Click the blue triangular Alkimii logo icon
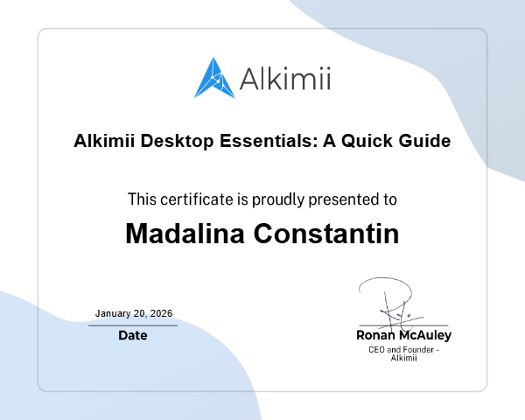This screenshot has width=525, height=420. tap(214, 78)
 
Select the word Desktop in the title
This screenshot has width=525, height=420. tap(170, 140)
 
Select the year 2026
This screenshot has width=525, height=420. tap(160, 313)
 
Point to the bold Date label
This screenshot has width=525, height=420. tap(133, 335)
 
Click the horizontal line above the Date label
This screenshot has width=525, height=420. tap(133, 325)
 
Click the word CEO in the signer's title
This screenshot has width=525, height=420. tap(377, 350)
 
